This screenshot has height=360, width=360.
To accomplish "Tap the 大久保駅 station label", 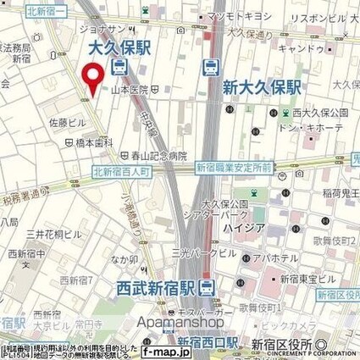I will click(x=119, y=48).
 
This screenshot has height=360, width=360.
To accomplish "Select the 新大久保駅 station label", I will click(x=263, y=86).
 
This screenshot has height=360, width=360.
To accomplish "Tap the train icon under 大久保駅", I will click(x=120, y=68).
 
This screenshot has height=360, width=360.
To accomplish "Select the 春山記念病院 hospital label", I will click(x=157, y=155).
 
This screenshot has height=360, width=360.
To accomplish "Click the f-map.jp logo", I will click(x=167, y=349).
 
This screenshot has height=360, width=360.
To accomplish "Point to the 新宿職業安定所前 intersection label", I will click(x=234, y=169).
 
